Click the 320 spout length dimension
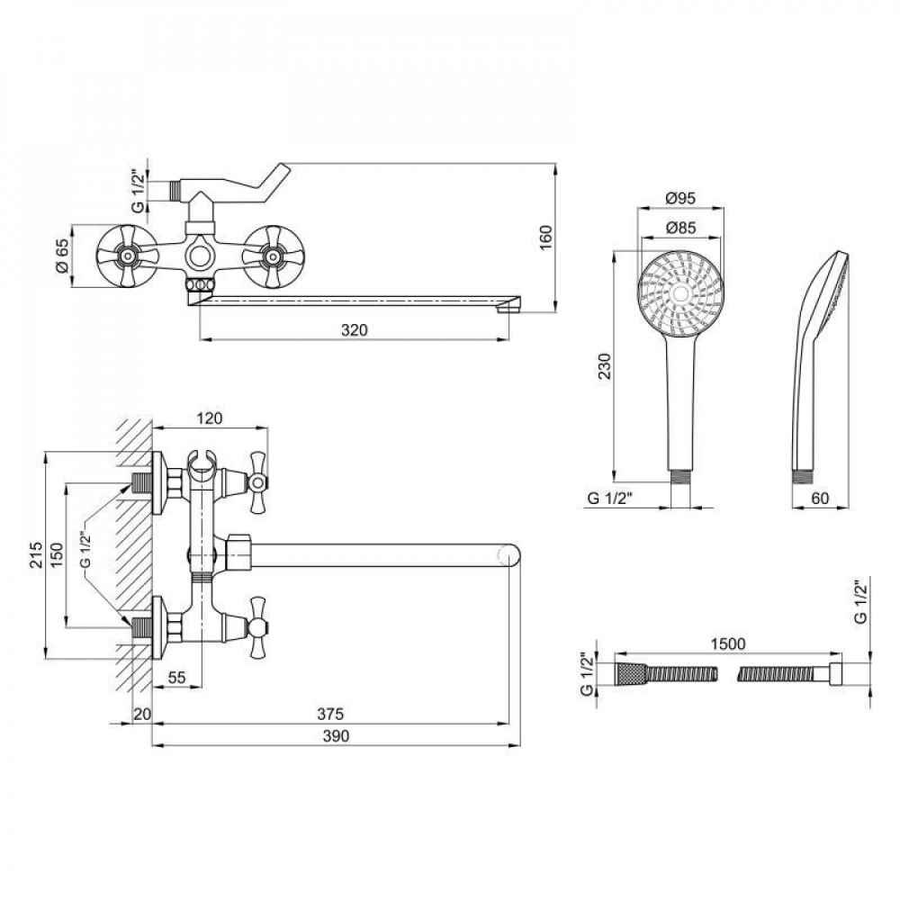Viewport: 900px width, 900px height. (x=355, y=330)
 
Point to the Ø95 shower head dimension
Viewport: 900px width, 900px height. (x=680, y=199)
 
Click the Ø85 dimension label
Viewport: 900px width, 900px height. (x=680, y=228)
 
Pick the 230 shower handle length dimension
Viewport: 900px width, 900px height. (x=605, y=367)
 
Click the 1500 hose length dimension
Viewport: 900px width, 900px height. (x=728, y=643)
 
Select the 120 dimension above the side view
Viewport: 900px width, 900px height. (x=209, y=418)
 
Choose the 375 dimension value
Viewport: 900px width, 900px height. (x=332, y=715)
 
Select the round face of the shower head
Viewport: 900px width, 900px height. (x=680, y=292)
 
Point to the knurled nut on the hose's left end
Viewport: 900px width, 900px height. (x=628, y=674)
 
